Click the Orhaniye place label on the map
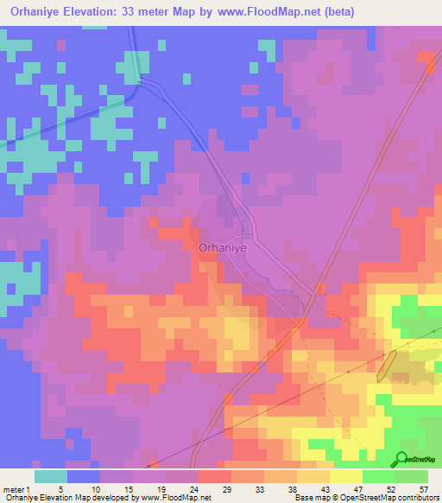click(223, 246)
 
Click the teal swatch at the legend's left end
click(50, 476)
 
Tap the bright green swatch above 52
click(378, 476)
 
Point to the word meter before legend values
click(13, 488)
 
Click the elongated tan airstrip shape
click(386, 366)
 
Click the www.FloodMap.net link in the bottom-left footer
click(175, 498)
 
